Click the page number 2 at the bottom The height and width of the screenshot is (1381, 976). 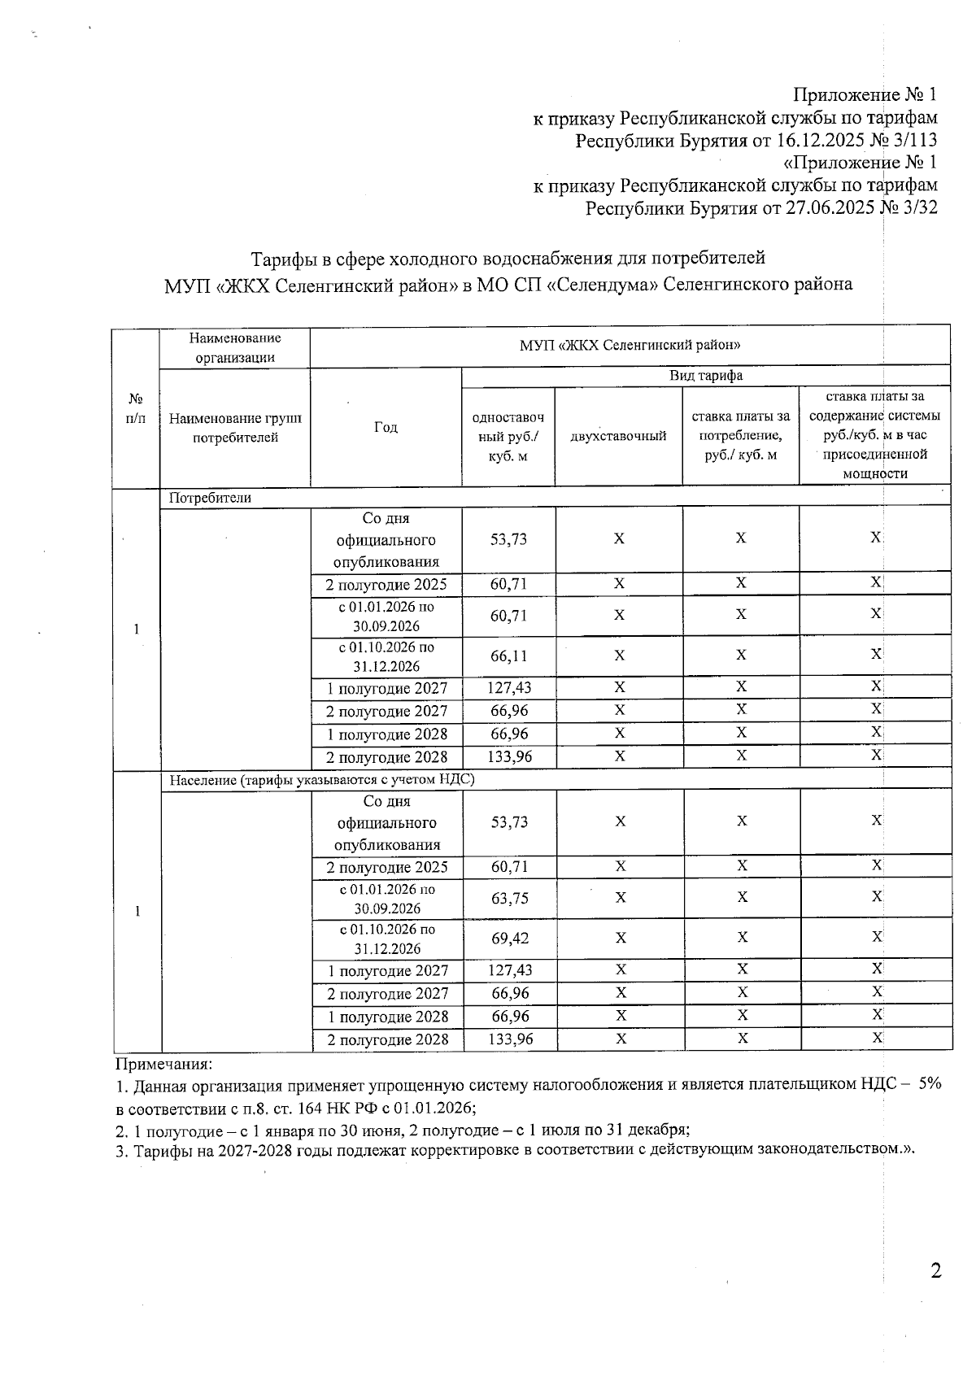(935, 1270)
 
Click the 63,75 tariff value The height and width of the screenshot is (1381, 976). (509, 898)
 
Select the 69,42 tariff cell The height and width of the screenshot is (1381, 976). (509, 938)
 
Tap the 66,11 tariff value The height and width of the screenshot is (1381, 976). (508, 656)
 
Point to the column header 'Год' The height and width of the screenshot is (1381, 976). (386, 428)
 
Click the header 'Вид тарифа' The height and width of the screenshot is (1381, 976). (705, 376)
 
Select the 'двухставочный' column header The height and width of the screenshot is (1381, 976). (618, 437)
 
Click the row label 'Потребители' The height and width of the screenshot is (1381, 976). (210, 498)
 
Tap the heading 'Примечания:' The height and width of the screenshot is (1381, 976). (163, 1063)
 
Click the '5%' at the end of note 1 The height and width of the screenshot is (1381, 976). (925, 1084)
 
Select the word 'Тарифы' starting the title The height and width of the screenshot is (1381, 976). (279, 259)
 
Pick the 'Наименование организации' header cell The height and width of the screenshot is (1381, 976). (234, 347)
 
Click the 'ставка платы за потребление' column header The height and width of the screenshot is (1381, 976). (740, 436)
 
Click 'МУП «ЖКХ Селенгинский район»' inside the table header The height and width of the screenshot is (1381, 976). (630, 345)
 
